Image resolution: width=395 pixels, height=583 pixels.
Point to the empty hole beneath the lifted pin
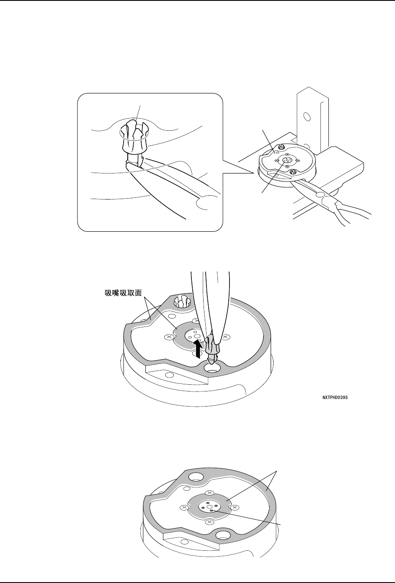212,368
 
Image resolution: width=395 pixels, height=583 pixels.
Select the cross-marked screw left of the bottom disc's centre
183,508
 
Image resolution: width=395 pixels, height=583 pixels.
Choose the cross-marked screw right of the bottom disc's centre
235,508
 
